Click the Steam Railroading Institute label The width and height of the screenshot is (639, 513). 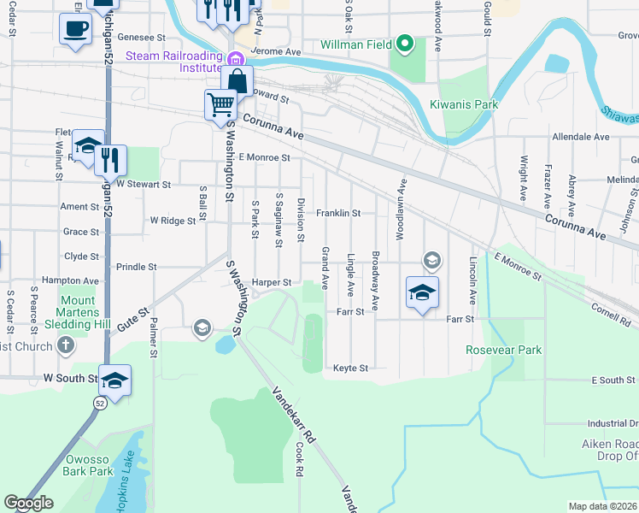174,56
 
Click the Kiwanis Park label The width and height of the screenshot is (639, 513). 464,104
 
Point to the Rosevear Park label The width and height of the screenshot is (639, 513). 503,350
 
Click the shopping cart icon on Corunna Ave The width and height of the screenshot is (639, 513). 220,105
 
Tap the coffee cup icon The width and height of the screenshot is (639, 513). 75,28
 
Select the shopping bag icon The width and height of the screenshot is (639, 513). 237,82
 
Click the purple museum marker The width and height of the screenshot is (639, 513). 236,58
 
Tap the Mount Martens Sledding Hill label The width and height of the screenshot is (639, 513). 78,312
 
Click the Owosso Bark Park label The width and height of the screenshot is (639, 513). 89,465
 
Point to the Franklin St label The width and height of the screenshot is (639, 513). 338,213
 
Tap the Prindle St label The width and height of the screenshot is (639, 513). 137,267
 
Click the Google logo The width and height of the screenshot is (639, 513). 28,503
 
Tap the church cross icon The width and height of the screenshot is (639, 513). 65,346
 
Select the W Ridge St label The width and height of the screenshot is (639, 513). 173,221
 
